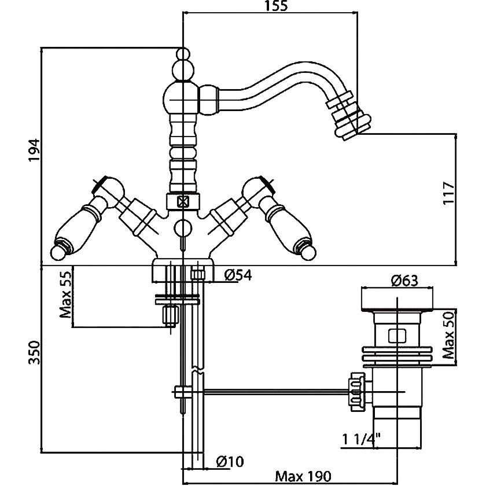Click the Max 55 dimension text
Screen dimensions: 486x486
point(67,295)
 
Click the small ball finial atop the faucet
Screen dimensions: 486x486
point(183,55)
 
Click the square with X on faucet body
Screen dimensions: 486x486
point(183,203)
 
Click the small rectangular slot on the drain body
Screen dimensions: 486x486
point(396,335)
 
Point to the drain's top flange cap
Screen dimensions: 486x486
point(396,301)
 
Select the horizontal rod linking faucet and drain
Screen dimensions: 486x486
point(272,392)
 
